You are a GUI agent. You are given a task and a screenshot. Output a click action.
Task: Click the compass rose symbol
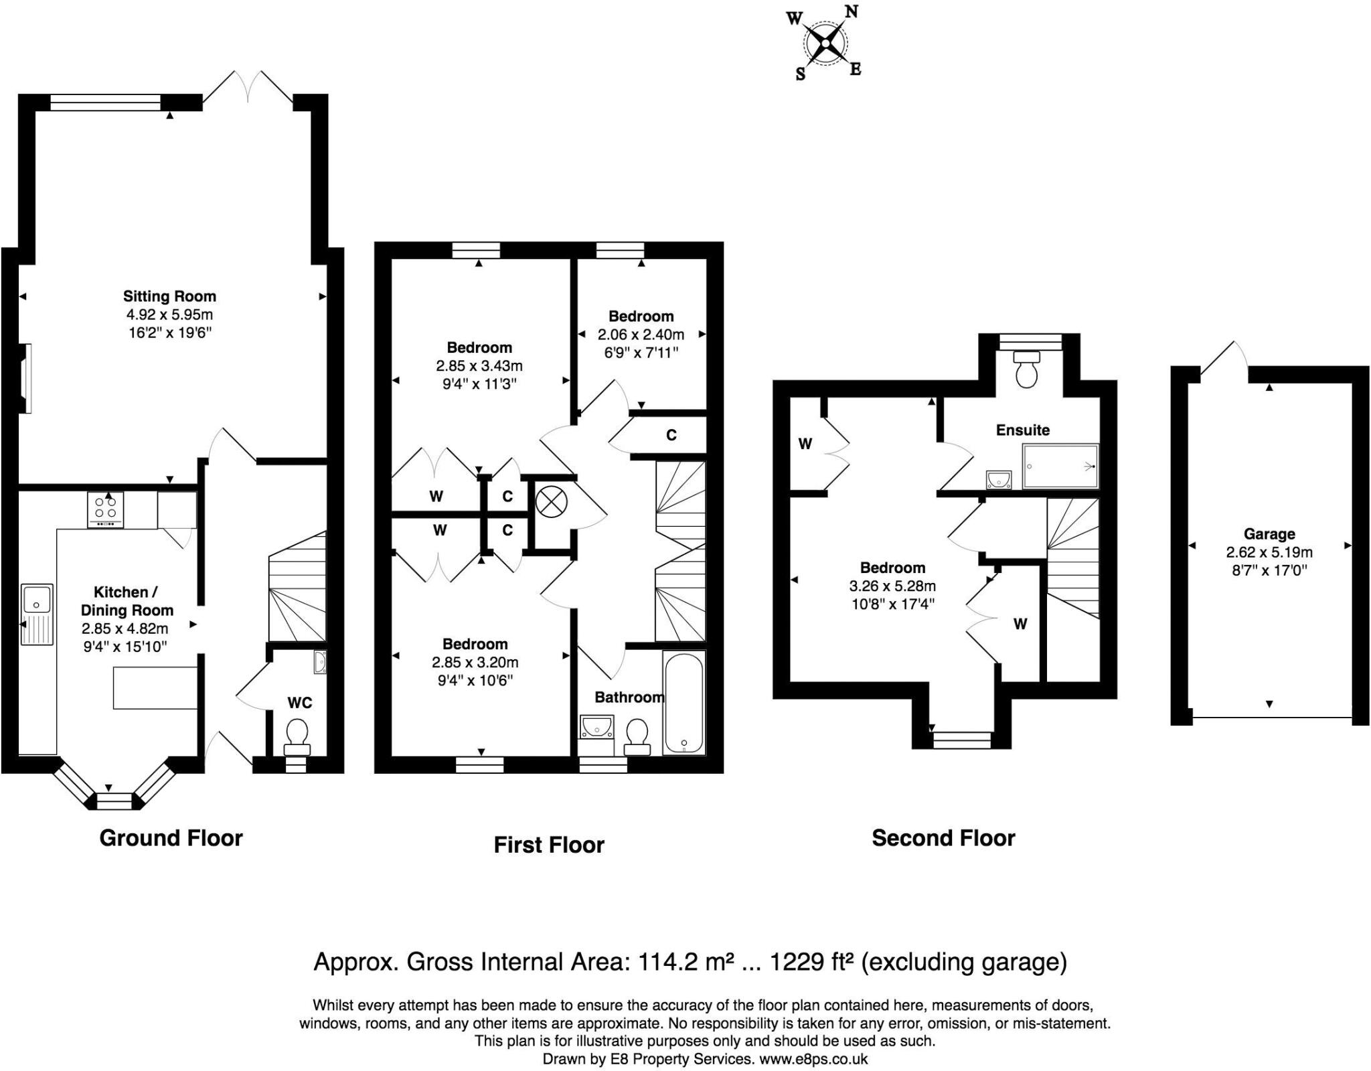click(x=825, y=44)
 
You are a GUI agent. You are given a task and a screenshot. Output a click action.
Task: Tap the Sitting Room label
click(x=169, y=296)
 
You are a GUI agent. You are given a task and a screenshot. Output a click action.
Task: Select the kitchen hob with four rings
click(x=106, y=510)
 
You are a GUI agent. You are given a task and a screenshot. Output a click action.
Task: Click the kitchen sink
click(x=37, y=614)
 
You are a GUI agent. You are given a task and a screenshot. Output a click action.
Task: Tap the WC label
click(x=300, y=702)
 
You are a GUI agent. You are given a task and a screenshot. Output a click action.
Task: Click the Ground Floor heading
click(x=171, y=838)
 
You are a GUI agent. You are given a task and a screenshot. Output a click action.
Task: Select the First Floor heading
click(x=549, y=845)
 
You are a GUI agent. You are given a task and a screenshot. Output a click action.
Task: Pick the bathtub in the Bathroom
click(x=683, y=703)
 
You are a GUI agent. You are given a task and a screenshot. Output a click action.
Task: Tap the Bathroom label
click(x=629, y=697)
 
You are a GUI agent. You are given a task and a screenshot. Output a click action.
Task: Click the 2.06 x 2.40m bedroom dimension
click(x=641, y=334)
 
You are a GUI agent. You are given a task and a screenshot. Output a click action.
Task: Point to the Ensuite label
click(x=1022, y=430)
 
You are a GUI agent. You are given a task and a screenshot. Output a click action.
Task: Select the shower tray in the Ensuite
click(x=1060, y=466)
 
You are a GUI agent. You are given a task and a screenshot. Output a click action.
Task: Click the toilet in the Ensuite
click(x=1026, y=369)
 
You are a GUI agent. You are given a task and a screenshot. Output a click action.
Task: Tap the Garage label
click(x=1269, y=533)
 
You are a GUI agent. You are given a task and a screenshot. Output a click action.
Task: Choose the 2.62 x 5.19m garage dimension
click(x=1269, y=552)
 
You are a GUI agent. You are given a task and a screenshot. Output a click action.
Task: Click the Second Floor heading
click(x=943, y=838)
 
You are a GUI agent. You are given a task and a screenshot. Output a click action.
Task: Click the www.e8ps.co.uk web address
click(x=813, y=1059)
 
